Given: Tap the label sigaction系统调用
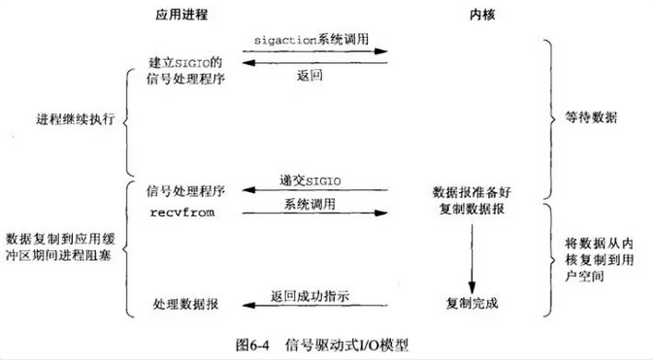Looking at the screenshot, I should point(315,39).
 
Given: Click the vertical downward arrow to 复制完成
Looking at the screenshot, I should point(471,257).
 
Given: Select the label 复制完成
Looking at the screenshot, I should point(472,303).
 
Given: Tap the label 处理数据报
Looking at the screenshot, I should point(184,304).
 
